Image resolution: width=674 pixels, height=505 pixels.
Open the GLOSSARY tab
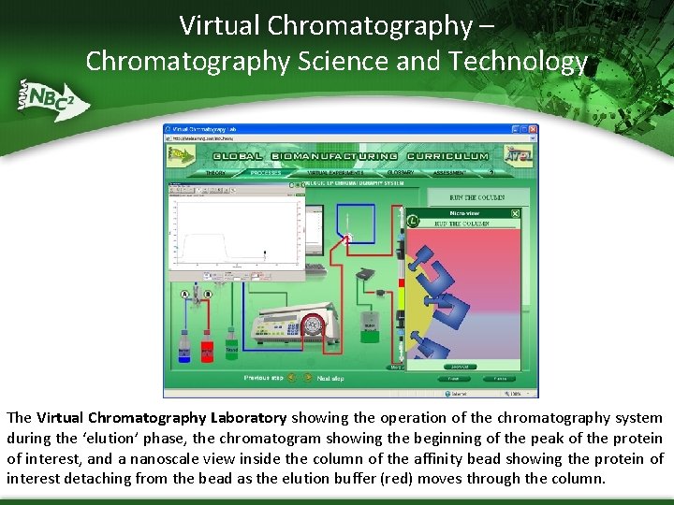pos(401,172)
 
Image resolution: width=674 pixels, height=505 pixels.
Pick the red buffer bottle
pos(207,349)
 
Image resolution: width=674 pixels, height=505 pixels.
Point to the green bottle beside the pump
pos(231,346)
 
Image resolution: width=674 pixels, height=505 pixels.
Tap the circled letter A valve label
pos(184,295)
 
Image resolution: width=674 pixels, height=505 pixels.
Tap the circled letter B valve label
pos(208,295)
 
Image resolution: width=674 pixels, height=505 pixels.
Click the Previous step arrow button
pos(292,378)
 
